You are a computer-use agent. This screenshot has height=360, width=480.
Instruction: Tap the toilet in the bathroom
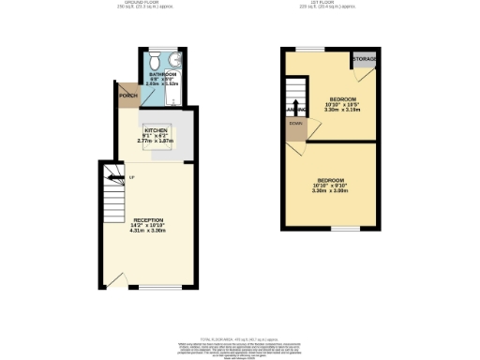coord(156,56)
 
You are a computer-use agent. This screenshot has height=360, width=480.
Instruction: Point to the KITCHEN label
coord(156,130)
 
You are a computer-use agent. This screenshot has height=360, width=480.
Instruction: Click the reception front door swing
coord(116,277)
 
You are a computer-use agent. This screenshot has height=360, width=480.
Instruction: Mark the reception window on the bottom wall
coord(156,287)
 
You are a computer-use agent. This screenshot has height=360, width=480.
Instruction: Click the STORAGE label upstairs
coord(364,60)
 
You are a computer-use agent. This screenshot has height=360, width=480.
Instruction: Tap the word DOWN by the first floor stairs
coord(295,123)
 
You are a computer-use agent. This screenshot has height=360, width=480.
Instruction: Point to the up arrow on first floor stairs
coord(296,104)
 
